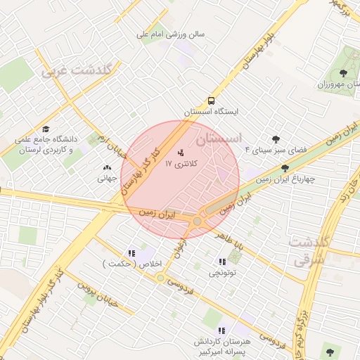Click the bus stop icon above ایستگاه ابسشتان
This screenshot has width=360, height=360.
coord(212,101)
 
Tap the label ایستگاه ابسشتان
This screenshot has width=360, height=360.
coord(212,112)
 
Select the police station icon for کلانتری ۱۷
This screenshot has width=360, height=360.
coord(181,152)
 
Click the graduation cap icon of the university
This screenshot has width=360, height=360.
coord(46,129)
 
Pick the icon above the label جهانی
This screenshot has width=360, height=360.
coord(107,167)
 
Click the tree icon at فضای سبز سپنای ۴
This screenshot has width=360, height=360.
coord(275,139)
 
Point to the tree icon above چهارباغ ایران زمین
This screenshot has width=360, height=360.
coord(285,168)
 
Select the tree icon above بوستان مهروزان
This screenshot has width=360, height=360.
coord(343,72)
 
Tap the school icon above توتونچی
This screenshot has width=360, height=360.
coord(222,262)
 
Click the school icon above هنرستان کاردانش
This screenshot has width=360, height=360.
coord(221,330)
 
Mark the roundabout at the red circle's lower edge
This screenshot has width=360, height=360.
coord(198,221)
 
